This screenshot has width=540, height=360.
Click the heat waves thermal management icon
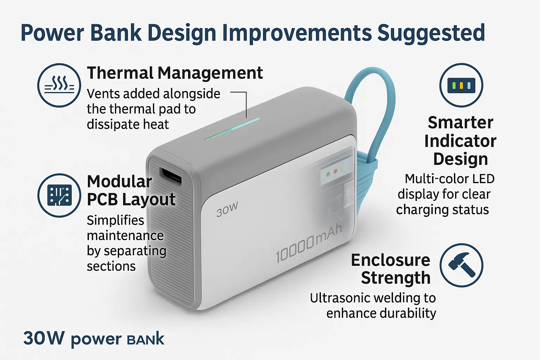[59, 85]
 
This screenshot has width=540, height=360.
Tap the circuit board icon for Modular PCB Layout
[59, 195]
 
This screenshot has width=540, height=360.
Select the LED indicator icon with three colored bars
[461, 85]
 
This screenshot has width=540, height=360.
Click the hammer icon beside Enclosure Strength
[461, 265]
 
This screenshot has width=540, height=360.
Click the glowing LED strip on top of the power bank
[232, 129]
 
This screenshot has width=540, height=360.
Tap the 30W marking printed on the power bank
[227, 209]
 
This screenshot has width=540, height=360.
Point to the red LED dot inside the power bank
[335, 172]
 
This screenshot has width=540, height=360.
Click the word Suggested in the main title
[431, 33]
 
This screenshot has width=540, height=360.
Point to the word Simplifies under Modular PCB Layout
[115, 221]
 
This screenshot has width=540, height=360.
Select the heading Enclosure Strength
[391, 269]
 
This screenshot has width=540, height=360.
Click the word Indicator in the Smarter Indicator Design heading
[460, 141]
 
